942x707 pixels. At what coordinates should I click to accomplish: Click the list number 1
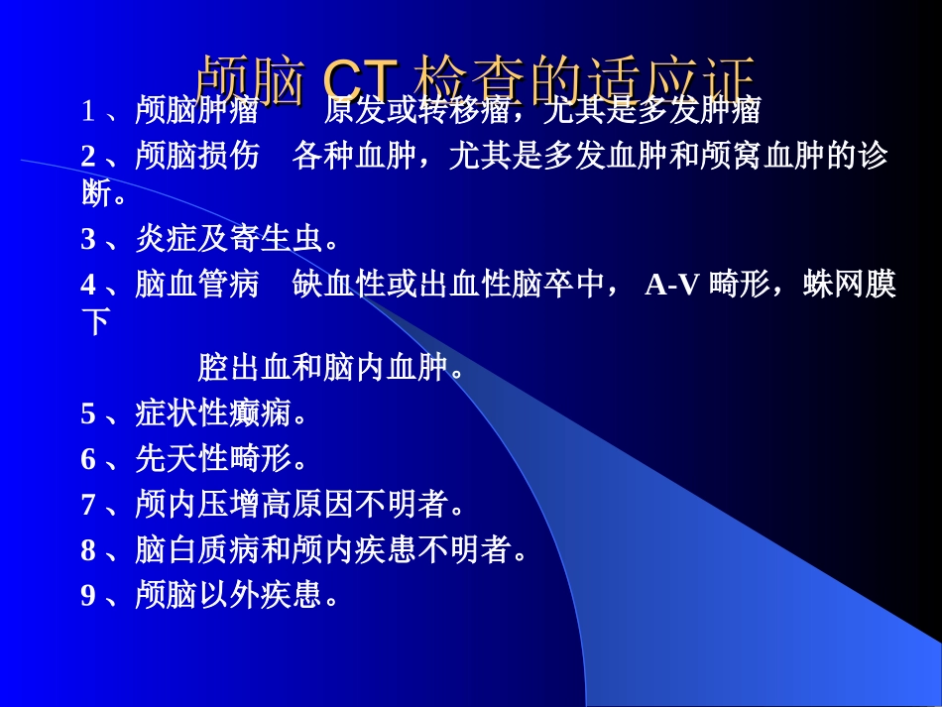[88, 111]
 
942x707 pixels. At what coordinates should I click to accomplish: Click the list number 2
[88, 157]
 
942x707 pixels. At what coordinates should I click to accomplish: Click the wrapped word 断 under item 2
[96, 192]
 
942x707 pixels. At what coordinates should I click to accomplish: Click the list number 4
[88, 286]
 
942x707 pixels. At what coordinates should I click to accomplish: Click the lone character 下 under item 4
[96, 321]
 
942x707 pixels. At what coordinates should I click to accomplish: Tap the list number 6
[88, 459]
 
